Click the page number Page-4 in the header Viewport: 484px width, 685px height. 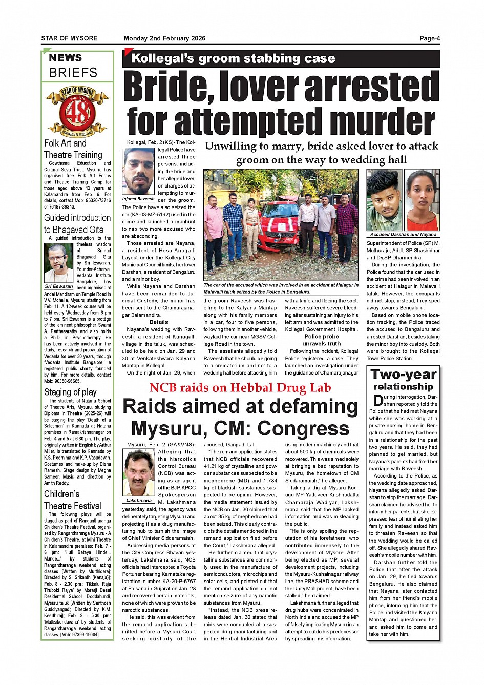point(430,38)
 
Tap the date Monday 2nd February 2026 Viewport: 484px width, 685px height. point(164,38)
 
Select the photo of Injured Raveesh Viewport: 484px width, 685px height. point(139,171)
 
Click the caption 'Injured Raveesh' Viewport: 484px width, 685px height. point(138,199)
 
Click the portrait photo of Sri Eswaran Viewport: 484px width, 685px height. point(58,263)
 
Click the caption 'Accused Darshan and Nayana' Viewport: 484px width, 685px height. point(403,234)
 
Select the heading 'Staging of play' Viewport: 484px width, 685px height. point(70,392)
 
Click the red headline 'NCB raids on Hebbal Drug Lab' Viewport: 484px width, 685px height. point(240,388)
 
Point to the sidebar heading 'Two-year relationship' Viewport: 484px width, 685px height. point(403,380)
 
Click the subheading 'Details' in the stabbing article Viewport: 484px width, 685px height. point(159,322)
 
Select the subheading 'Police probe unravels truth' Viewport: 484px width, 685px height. point(322,340)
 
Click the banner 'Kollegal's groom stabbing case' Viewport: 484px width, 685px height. point(233,58)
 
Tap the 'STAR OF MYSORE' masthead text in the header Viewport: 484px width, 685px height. point(69,38)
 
